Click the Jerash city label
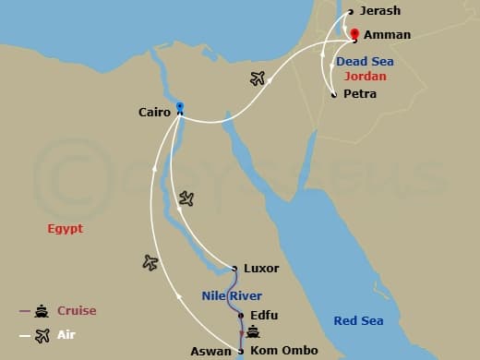pyautogui.click(x=379, y=11)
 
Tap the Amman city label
pyautogui.click(x=381, y=34)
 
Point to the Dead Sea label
pyautogui.click(x=365, y=61)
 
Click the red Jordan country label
pyautogui.click(x=366, y=77)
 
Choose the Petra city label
pyautogui.click(x=359, y=94)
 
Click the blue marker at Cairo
pyautogui.click(x=180, y=106)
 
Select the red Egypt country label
pyautogui.click(x=66, y=227)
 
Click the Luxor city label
pyautogui.click(x=260, y=269)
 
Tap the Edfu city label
pyautogui.click(x=264, y=315)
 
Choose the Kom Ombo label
pyautogui.click(x=283, y=350)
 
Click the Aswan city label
pyautogui.click(x=211, y=352)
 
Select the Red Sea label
pyautogui.click(x=357, y=320)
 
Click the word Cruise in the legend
pyautogui.click(x=76, y=311)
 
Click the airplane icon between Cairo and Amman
pyautogui.click(x=258, y=78)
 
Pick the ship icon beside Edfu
pyautogui.click(x=252, y=331)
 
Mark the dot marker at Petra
pyautogui.click(x=333, y=94)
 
